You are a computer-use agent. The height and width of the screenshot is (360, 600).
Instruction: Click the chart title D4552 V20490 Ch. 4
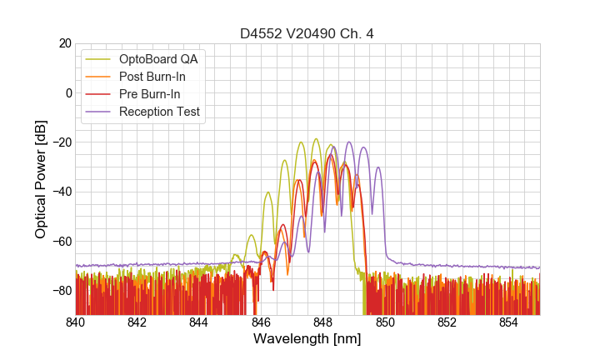tap(307, 33)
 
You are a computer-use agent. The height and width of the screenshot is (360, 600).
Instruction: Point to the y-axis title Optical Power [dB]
tap(41, 179)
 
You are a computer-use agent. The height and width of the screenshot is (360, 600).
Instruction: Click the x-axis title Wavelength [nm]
tap(307, 339)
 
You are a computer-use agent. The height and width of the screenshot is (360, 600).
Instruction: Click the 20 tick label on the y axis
tap(64, 43)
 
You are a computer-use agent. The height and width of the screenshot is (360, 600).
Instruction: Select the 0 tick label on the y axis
tap(67, 92)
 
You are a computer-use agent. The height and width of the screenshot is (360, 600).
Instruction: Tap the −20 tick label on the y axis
tap(61, 142)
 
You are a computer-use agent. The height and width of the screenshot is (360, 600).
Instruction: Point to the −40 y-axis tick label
tap(61, 192)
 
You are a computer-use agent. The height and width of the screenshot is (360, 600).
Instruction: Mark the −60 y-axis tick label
tap(61, 242)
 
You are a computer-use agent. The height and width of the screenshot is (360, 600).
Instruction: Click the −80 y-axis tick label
tap(61, 291)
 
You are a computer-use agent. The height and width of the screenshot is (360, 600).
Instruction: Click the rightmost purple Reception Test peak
tap(378, 167)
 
